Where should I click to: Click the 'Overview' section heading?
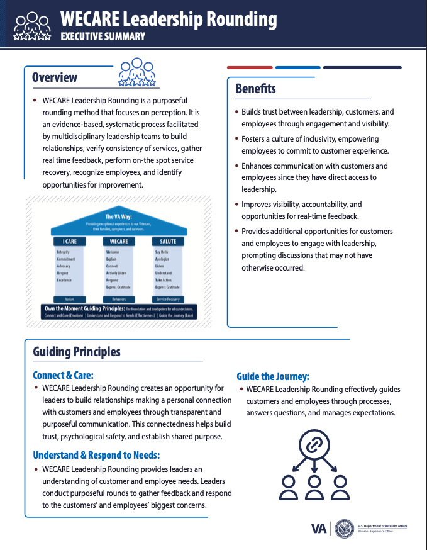(55, 77)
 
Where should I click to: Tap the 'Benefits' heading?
(255, 89)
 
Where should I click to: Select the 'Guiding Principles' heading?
(77, 351)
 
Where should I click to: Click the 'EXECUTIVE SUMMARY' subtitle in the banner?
(103, 36)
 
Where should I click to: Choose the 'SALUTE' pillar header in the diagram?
(168, 241)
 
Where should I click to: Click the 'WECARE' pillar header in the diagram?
(118, 241)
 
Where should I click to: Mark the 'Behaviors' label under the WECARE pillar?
(118, 300)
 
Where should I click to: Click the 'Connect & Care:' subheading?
(67, 376)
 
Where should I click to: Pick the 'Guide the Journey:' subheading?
(273, 376)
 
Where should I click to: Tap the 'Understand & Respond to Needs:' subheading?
(96, 455)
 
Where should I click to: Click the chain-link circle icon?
(313, 446)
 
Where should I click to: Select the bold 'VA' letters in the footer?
(319, 529)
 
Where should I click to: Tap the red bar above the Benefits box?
(249, 67)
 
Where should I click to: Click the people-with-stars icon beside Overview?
(136, 72)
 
